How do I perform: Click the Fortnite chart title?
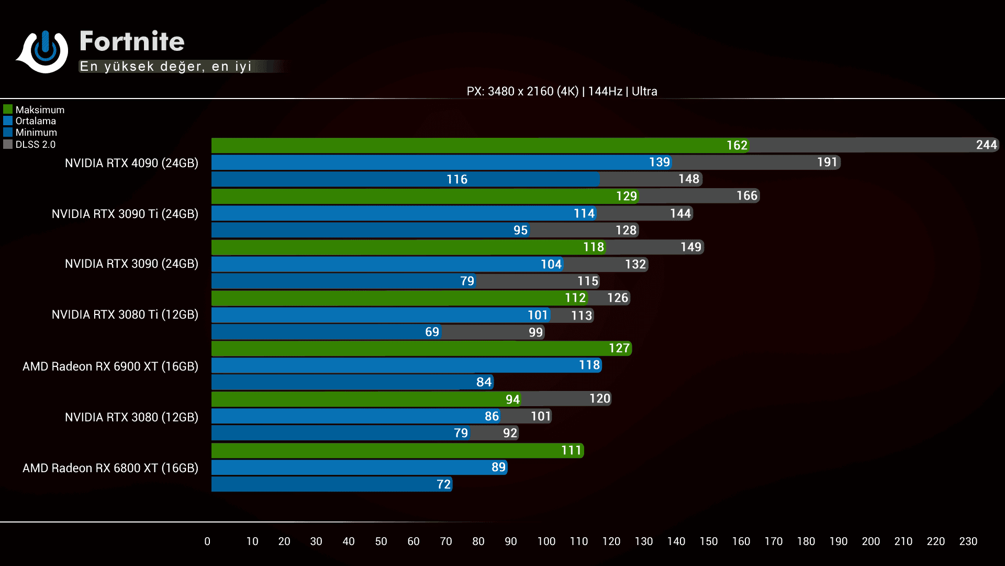[132, 41]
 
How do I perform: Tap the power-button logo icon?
[44, 51]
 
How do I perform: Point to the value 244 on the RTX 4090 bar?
[986, 145]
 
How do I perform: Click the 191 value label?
[827, 162]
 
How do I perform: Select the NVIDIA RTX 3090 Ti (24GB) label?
[125, 214]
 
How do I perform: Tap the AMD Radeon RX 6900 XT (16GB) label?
[110, 366]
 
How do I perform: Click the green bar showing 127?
[419, 349]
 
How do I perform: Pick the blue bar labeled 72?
[330, 484]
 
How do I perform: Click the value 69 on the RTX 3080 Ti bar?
[432, 332]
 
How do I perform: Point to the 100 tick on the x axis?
[546, 541]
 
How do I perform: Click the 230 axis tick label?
[968, 541]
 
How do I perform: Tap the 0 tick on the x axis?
[207, 541]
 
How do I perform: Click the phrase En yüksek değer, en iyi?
[165, 67]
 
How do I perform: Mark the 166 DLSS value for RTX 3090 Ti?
[746, 195]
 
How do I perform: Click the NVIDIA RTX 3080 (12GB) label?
[131, 417]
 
